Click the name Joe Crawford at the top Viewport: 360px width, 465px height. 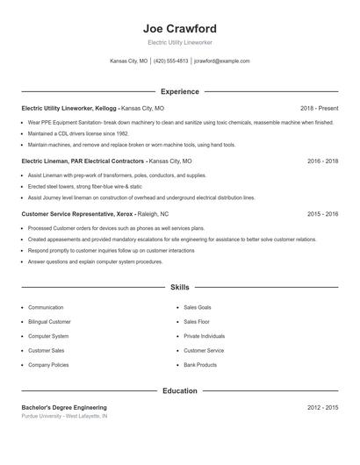[179, 28]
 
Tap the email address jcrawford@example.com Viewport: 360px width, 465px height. [221, 61]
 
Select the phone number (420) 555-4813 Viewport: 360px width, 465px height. [171, 61]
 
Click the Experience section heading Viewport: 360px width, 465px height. [179, 91]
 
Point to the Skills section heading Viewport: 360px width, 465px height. [179, 287]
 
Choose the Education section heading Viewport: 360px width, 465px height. [179, 390]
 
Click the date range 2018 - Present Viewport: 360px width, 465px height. [319, 109]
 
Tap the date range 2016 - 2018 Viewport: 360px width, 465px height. [323, 161]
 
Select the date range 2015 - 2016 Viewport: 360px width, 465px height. [323, 213]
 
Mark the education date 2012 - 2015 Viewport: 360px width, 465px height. [323, 408]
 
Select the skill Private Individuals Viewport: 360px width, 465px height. [204, 336]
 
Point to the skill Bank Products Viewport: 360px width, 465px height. [200, 364]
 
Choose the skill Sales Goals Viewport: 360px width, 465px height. [197, 308]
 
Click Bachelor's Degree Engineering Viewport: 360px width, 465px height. [64, 408]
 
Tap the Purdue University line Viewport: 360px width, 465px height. [64, 417]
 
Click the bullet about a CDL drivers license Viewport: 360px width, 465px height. [77, 133]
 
